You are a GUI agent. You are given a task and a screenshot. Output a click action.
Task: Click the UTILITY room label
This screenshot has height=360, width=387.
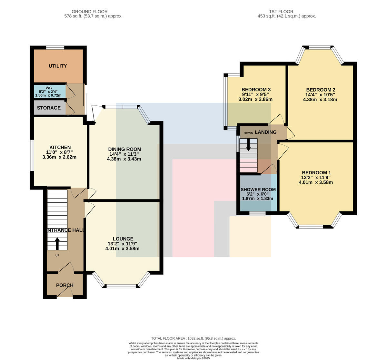[x=58, y=66]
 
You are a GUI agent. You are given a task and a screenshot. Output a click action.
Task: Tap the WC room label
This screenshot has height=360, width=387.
[x=49, y=88]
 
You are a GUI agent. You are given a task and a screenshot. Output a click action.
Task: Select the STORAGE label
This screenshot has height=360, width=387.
[x=49, y=108]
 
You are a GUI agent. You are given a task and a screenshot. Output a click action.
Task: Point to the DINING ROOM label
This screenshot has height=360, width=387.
[x=125, y=149]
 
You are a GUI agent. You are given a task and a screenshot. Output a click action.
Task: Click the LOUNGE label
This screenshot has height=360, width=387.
[x=123, y=239]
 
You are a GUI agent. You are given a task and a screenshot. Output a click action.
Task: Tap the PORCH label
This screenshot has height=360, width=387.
[x=65, y=285]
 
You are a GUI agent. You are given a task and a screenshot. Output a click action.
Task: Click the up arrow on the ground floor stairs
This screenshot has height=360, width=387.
[x=57, y=244]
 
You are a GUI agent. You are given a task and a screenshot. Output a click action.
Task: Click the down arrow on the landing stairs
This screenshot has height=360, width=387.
[x=248, y=144]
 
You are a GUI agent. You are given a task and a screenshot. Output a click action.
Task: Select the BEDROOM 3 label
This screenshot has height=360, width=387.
[x=256, y=90]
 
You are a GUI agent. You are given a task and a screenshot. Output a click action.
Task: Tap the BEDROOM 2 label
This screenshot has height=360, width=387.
[x=321, y=90]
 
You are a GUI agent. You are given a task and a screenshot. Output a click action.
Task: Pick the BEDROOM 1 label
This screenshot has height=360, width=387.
[x=316, y=173]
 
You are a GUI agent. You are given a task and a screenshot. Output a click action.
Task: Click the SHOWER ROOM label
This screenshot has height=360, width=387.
[x=258, y=190]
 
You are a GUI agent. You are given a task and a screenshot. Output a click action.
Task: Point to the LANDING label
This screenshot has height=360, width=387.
[x=266, y=132]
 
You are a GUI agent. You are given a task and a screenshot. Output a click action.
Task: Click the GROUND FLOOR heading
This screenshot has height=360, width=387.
[x=90, y=12]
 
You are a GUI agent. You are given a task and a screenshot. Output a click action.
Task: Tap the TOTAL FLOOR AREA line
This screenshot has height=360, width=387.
[x=193, y=338]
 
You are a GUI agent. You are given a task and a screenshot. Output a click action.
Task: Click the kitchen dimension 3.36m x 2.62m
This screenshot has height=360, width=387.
[x=59, y=157]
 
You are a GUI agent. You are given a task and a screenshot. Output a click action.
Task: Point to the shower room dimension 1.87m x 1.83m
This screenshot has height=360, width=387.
[x=258, y=199]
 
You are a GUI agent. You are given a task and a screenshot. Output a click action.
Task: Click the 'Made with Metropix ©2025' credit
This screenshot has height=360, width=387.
[x=193, y=358]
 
